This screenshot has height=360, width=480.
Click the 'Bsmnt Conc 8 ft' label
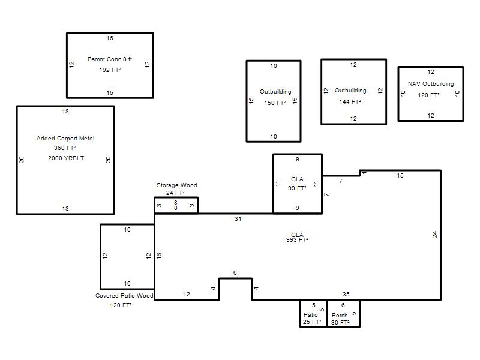click(x=110, y=59)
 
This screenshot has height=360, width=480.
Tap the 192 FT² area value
click(x=110, y=70)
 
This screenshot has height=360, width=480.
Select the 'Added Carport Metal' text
click(x=65, y=139)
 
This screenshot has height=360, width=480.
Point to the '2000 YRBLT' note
click(x=66, y=158)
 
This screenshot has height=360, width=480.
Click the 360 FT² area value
click(x=65, y=148)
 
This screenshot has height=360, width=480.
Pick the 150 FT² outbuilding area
click(x=275, y=103)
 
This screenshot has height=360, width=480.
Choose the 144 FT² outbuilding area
click(x=350, y=101)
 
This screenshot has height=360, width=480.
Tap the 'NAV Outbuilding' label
click(x=431, y=83)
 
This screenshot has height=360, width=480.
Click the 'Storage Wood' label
click(x=176, y=185)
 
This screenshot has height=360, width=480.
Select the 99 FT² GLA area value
click(x=297, y=188)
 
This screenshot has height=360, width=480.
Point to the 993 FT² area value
click(x=297, y=239)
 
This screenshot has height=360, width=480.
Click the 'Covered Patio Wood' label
click(x=124, y=295)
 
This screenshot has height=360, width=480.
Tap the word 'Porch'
click(x=340, y=315)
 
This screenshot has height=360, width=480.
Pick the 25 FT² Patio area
click(x=312, y=322)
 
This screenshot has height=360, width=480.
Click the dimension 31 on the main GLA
click(x=238, y=218)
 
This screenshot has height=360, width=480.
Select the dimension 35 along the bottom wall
click(x=346, y=294)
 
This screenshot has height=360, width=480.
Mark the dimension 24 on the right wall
click(x=434, y=235)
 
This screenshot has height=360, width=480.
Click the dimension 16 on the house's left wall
click(x=159, y=256)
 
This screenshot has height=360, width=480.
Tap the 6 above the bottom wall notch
click(x=235, y=272)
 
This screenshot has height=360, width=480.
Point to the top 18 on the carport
click(x=65, y=112)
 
